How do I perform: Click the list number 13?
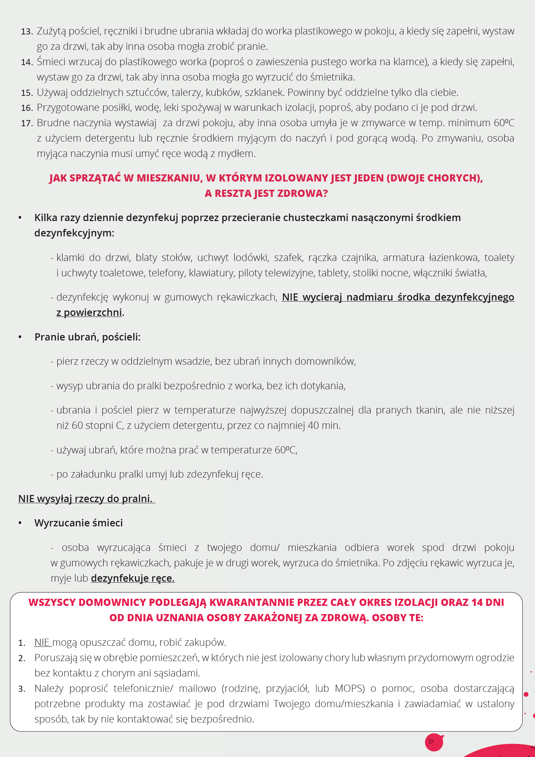point(27,32)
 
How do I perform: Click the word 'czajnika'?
point(360,258)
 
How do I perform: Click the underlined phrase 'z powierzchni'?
point(89,312)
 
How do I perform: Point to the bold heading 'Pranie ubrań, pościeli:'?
point(87,337)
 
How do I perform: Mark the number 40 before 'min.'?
point(313,425)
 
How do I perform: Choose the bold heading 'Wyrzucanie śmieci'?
point(78,523)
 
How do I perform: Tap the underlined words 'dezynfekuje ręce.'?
point(133,578)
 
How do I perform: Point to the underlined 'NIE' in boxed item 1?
point(42,642)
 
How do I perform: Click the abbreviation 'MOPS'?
point(350,688)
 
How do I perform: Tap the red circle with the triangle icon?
point(434,742)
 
